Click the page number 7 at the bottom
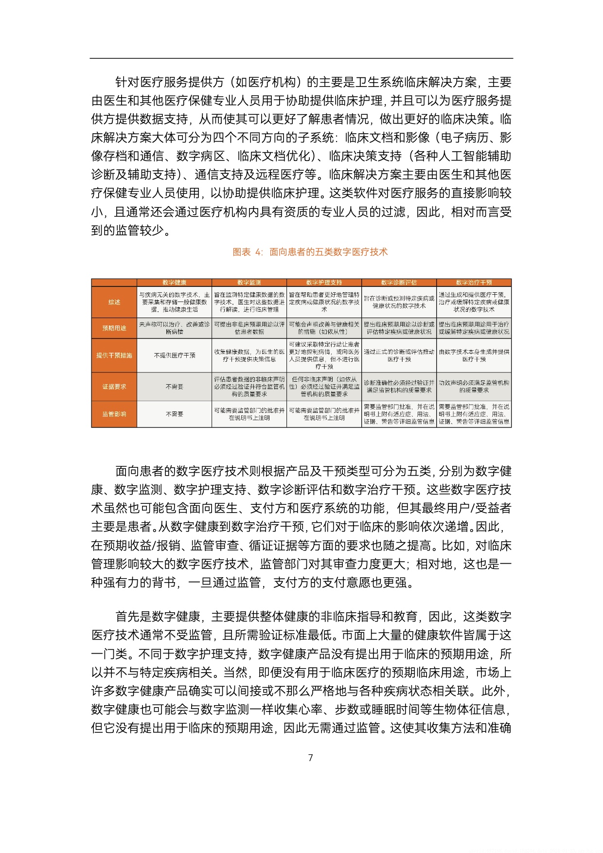(x=311, y=758)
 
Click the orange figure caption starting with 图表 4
(x=310, y=252)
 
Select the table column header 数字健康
(x=174, y=283)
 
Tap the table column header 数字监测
(x=249, y=283)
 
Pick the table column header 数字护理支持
(x=324, y=283)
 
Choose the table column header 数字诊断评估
(x=399, y=283)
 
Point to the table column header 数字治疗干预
(x=474, y=283)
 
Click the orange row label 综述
(x=114, y=302)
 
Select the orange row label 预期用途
(x=114, y=328)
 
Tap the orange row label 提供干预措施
(x=114, y=355)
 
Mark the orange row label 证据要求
(x=114, y=387)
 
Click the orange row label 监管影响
(x=114, y=414)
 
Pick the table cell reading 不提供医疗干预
(x=174, y=355)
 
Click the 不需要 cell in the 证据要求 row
(x=174, y=387)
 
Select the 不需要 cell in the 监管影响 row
(x=174, y=414)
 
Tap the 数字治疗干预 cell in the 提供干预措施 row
(x=474, y=355)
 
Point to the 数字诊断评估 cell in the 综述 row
(x=399, y=302)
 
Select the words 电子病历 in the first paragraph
(x=464, y=138)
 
